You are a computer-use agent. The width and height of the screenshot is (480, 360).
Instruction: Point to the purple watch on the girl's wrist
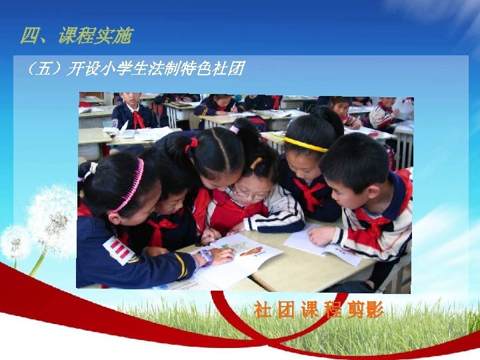205,255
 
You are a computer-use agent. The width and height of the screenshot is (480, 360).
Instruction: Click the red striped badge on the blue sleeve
120,250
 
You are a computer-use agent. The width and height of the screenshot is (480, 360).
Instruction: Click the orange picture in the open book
250,252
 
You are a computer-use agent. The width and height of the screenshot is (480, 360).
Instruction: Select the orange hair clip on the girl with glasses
256,163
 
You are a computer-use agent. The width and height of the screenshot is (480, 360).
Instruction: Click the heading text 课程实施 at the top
95,36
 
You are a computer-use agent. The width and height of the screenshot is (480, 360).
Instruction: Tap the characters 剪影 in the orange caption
365,310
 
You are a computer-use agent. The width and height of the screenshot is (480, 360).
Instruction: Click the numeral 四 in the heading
29,36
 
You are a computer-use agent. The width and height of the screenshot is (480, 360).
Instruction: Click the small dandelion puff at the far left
15,241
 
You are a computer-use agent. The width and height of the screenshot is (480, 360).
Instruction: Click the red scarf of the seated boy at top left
138,119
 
